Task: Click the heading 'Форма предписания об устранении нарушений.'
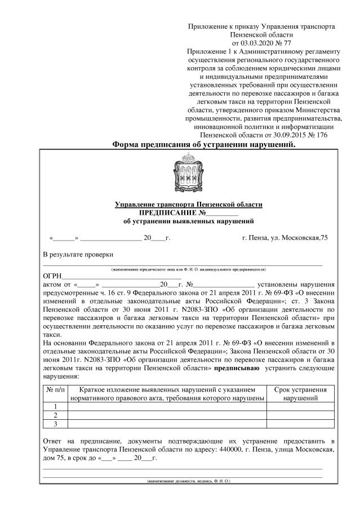204,144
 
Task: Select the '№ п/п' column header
55,389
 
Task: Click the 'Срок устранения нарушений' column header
300,393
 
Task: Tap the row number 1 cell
55,407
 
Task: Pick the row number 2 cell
55,415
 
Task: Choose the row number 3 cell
55,424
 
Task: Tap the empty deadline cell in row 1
300,407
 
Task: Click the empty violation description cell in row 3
167,424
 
